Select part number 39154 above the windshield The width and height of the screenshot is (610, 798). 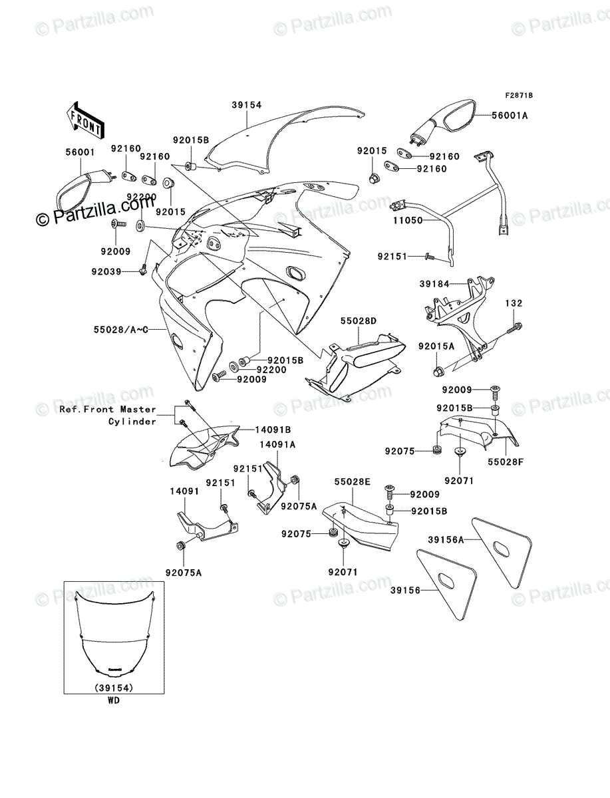247,105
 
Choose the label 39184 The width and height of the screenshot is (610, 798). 434,284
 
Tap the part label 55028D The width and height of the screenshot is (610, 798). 360,321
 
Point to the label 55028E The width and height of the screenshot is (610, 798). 351,480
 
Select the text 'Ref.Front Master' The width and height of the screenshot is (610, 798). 107,410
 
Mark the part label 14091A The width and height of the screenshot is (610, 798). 277,444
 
